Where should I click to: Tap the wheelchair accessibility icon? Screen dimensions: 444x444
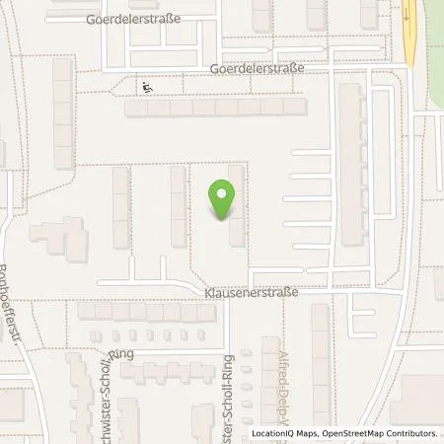(147, 87)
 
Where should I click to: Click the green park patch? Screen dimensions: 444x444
(432, 49)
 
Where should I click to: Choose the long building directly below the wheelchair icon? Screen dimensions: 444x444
(217, 108)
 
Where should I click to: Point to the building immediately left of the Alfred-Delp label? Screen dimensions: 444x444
(269, 375)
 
